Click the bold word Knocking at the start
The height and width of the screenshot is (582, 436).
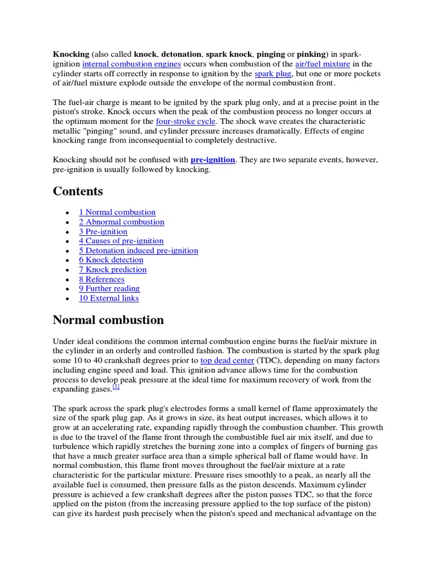(71, 54)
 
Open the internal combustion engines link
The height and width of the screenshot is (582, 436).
(132, 64)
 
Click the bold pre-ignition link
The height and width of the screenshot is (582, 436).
(212, 160)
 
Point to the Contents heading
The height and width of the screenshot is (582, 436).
(78, 191)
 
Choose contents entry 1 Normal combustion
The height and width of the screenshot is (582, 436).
(117, 213)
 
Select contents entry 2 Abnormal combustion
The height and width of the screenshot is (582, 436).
(121, 222)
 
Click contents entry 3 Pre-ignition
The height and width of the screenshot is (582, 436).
(103, 232)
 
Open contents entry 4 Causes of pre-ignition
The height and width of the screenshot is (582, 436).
(121, 241)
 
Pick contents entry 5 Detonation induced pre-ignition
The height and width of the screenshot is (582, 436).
(139, 251)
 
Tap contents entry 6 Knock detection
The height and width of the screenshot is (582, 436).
(111, 260)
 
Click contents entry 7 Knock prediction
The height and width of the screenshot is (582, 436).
(112, 270)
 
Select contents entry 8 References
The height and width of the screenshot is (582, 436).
(102, 280)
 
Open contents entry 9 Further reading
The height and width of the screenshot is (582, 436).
(109, 289)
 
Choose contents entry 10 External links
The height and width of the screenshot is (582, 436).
(108, 298)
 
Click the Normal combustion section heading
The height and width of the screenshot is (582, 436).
(108, 320)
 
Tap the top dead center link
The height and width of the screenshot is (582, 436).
(227, 360)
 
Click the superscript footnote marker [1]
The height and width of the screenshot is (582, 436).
(116, 386)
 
